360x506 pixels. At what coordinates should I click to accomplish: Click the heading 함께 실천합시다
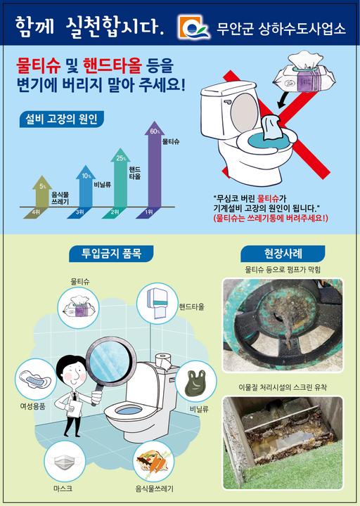pyautogui.click(x=90, y=27)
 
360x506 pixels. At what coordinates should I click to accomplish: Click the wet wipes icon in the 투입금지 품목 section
pyautogui.click(x=82, y=309)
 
